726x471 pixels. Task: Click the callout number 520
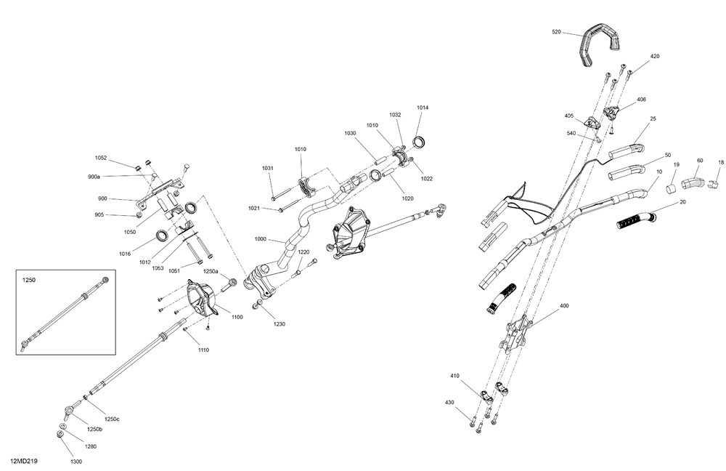pyautogui.click(x=557, y=32)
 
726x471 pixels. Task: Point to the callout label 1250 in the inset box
pyautogui.click(x=28, y=279)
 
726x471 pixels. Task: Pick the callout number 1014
pyautogui.click(x=423, y=108)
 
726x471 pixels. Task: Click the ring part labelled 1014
pyautogui.click(x=420, y=140)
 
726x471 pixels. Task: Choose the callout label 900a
pyautogui.click(x=94, y=177)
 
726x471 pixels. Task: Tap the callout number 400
pyautogui.click(x=565, y=306)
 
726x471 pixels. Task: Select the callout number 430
pyautogui.click(x=449, y=403)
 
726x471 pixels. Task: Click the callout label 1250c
pyautogui.click(x=111, y=418)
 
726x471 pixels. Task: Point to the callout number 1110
pyautogui.click(x=203, y=350)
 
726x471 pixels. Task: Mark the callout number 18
pyautogui.click(x=721, y=162)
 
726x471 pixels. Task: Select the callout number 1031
pyautogui.click(x=268, y=168)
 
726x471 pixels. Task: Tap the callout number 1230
pyautogui.click(x=280, y=323)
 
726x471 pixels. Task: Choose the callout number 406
pyautogui.click(x=641, y=100)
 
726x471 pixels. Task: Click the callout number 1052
pyautogui.click(x=101, y=158)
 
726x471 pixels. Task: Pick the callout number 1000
pyautogui.click(x=261, y=239)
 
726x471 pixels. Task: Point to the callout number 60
pyautogui.click(x=700, y=160)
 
